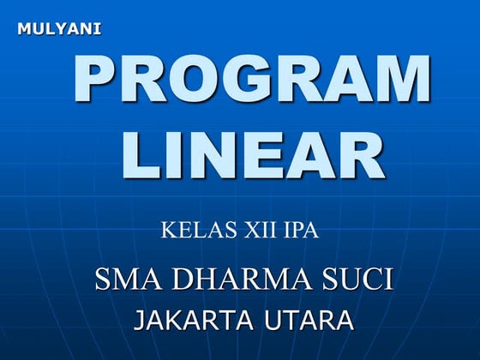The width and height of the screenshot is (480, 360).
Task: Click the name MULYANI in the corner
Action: tap(59, 29)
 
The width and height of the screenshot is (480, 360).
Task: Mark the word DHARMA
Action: tap(244, 279)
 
